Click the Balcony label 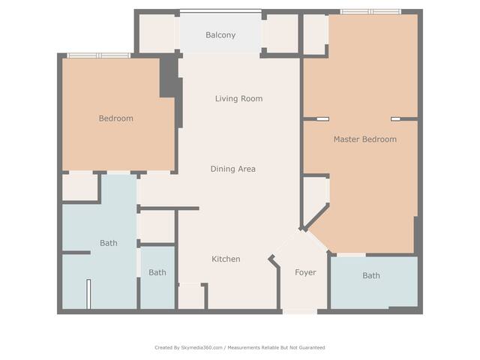220,35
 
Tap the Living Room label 238,98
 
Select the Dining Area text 233,169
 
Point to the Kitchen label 226,259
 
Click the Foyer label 305,272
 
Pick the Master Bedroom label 365,139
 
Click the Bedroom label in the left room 115,118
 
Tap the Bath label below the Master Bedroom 371,275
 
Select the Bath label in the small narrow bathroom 157,272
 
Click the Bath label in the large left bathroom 108,243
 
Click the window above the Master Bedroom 370,12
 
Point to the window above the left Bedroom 99,55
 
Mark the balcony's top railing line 220,11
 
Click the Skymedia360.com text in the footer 202,347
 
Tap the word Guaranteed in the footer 312,347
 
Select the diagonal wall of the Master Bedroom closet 316,217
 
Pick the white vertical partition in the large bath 88,294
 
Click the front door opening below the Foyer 300,312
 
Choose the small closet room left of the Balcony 157,33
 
